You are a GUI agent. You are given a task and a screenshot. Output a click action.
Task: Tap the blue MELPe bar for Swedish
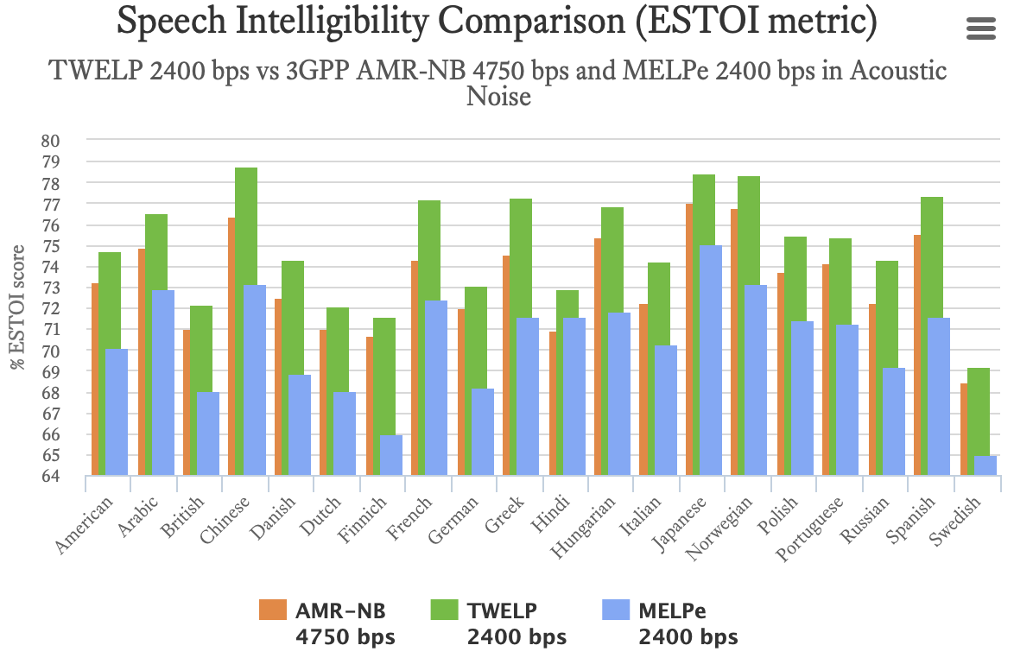(x=985, y=465)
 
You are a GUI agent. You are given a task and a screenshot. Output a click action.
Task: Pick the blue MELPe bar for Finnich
(x=390, y=455)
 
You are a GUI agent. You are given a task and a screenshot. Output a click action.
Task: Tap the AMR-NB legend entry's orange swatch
(x=272, y=611)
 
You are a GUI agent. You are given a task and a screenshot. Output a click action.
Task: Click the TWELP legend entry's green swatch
(x=443, y=611)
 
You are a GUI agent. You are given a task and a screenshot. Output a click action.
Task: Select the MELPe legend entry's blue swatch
(x=614, y=611)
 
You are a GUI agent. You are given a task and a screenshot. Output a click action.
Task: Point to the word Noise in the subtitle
(x=498, y=97)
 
